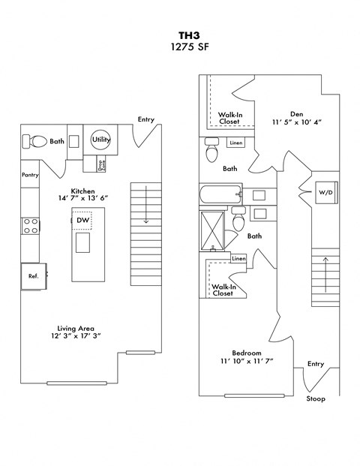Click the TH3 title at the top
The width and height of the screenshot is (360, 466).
pos(180,34)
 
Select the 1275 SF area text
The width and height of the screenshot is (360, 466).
pos(180,47)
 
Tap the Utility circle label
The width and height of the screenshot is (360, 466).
pos(100,140)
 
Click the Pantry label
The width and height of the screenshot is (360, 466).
pos(31,175)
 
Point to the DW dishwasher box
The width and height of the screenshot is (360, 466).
pos(82,220)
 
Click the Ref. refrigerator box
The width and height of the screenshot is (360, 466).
pos(34,276)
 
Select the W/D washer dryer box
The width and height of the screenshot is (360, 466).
pos(326,193)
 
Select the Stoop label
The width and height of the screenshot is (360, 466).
pos(316,398)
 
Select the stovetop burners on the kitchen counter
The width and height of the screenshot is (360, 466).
pos(31,226)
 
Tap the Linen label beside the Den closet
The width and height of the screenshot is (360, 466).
pos(235,143)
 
